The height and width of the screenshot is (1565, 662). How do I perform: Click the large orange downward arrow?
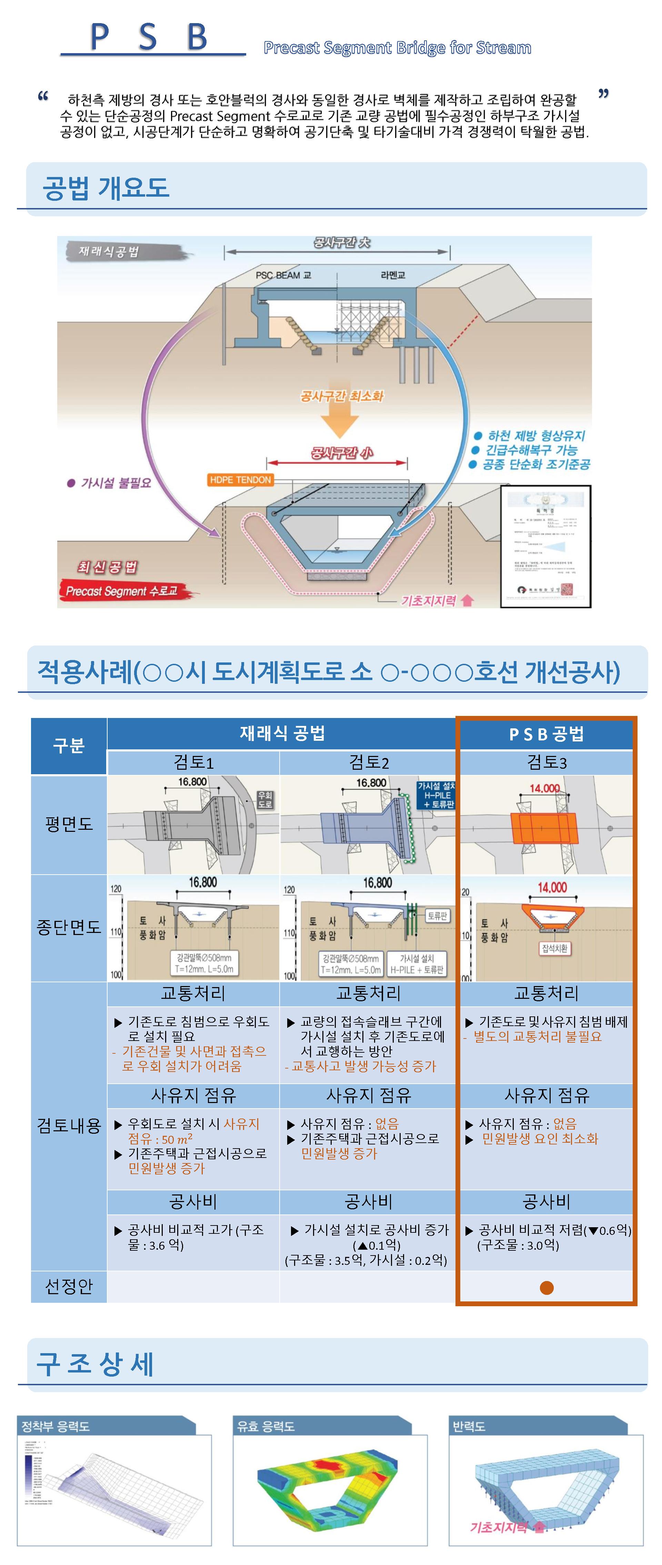pos(340,419)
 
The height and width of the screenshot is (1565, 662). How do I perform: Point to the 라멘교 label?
pos(393,275)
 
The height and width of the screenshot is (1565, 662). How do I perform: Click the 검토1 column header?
pos(193,762)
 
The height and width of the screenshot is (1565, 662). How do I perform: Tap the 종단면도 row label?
pos(69,927)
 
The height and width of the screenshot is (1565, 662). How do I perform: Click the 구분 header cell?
pos(69,746)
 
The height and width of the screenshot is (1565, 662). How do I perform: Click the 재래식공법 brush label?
pos(109,252)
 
